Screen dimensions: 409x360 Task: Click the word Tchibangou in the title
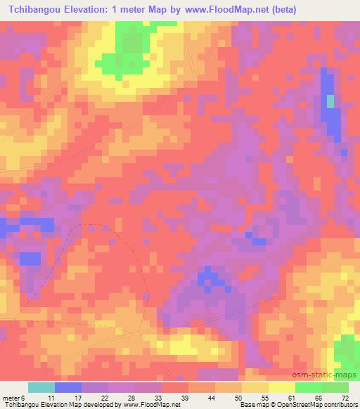click(39, 10)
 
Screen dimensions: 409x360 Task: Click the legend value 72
click(345, 398)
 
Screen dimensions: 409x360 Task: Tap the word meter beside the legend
click(11, 398)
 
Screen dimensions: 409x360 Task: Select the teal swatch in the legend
click(41, 387)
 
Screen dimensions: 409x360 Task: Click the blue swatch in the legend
click(68, 387)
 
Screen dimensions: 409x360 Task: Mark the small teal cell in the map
click(330, 101)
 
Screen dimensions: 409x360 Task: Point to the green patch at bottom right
click(346, 351)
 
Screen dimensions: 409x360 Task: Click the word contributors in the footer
click(340, 405)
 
